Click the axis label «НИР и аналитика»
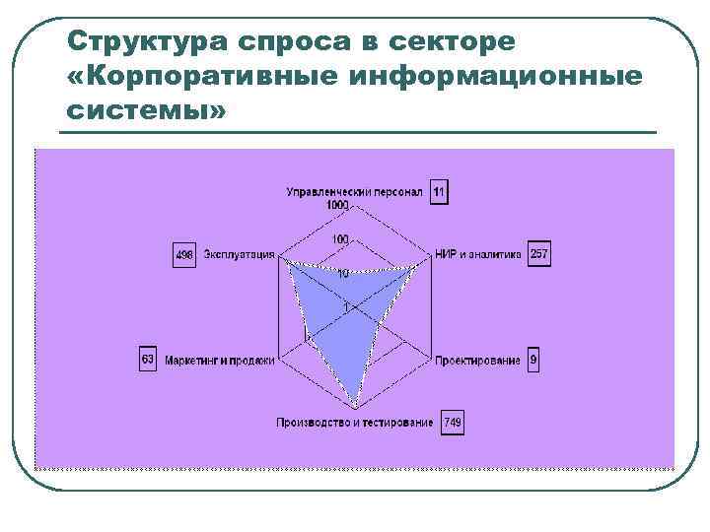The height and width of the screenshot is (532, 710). click(477, 254)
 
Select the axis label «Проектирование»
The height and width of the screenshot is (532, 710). click(477, 361)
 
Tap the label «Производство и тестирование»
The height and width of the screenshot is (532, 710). click(354, 423)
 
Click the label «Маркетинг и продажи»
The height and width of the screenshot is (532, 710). click(219, 361)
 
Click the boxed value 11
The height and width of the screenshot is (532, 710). click(439, 191)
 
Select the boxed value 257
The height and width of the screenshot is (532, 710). click(538, 254)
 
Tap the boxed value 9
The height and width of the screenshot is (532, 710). click(533, 361)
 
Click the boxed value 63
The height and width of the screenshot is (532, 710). click(147, 360)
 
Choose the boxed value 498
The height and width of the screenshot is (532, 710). click(184, 255)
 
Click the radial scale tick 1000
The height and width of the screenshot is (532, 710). click(338, 204)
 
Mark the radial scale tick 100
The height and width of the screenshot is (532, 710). click(340, 239)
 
